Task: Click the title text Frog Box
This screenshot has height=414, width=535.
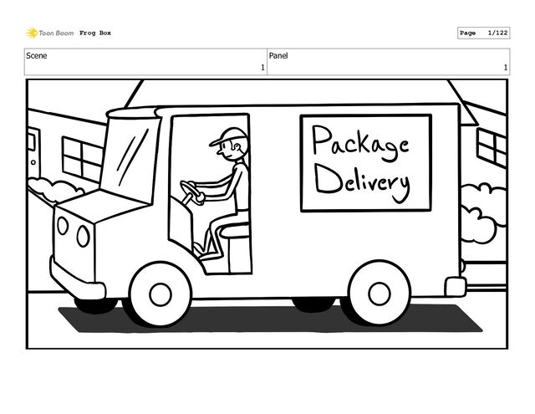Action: point(95,33)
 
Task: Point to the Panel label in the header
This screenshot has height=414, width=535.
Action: point(279,56)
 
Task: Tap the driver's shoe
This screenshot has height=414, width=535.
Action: point(199,248)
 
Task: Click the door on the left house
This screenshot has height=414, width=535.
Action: point(33,155)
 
